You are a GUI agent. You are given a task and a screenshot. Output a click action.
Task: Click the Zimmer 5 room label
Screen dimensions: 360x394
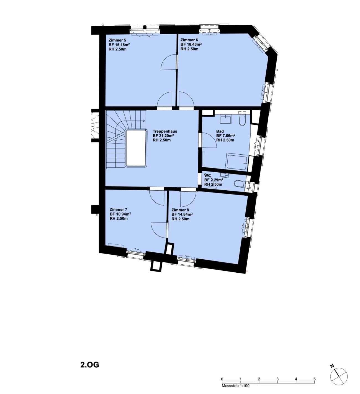tap(117, 40)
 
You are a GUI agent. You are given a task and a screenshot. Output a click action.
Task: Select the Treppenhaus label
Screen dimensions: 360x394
tap(165, 131)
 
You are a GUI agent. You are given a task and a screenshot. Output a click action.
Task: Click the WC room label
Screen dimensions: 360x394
tap(207, 175)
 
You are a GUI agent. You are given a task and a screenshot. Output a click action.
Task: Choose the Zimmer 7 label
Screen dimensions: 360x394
tap(119, 209)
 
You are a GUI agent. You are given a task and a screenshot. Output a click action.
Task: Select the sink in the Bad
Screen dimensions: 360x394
tap(225, 119)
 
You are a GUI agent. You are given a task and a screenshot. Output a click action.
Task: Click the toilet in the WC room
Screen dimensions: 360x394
tap(240, 184)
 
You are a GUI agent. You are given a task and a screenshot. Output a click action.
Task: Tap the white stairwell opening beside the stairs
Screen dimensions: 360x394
tap(136, 148)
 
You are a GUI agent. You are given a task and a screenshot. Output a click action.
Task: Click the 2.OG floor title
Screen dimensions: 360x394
tap(89, 365)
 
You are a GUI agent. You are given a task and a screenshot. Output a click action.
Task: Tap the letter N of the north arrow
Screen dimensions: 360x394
tap(332, 366)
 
